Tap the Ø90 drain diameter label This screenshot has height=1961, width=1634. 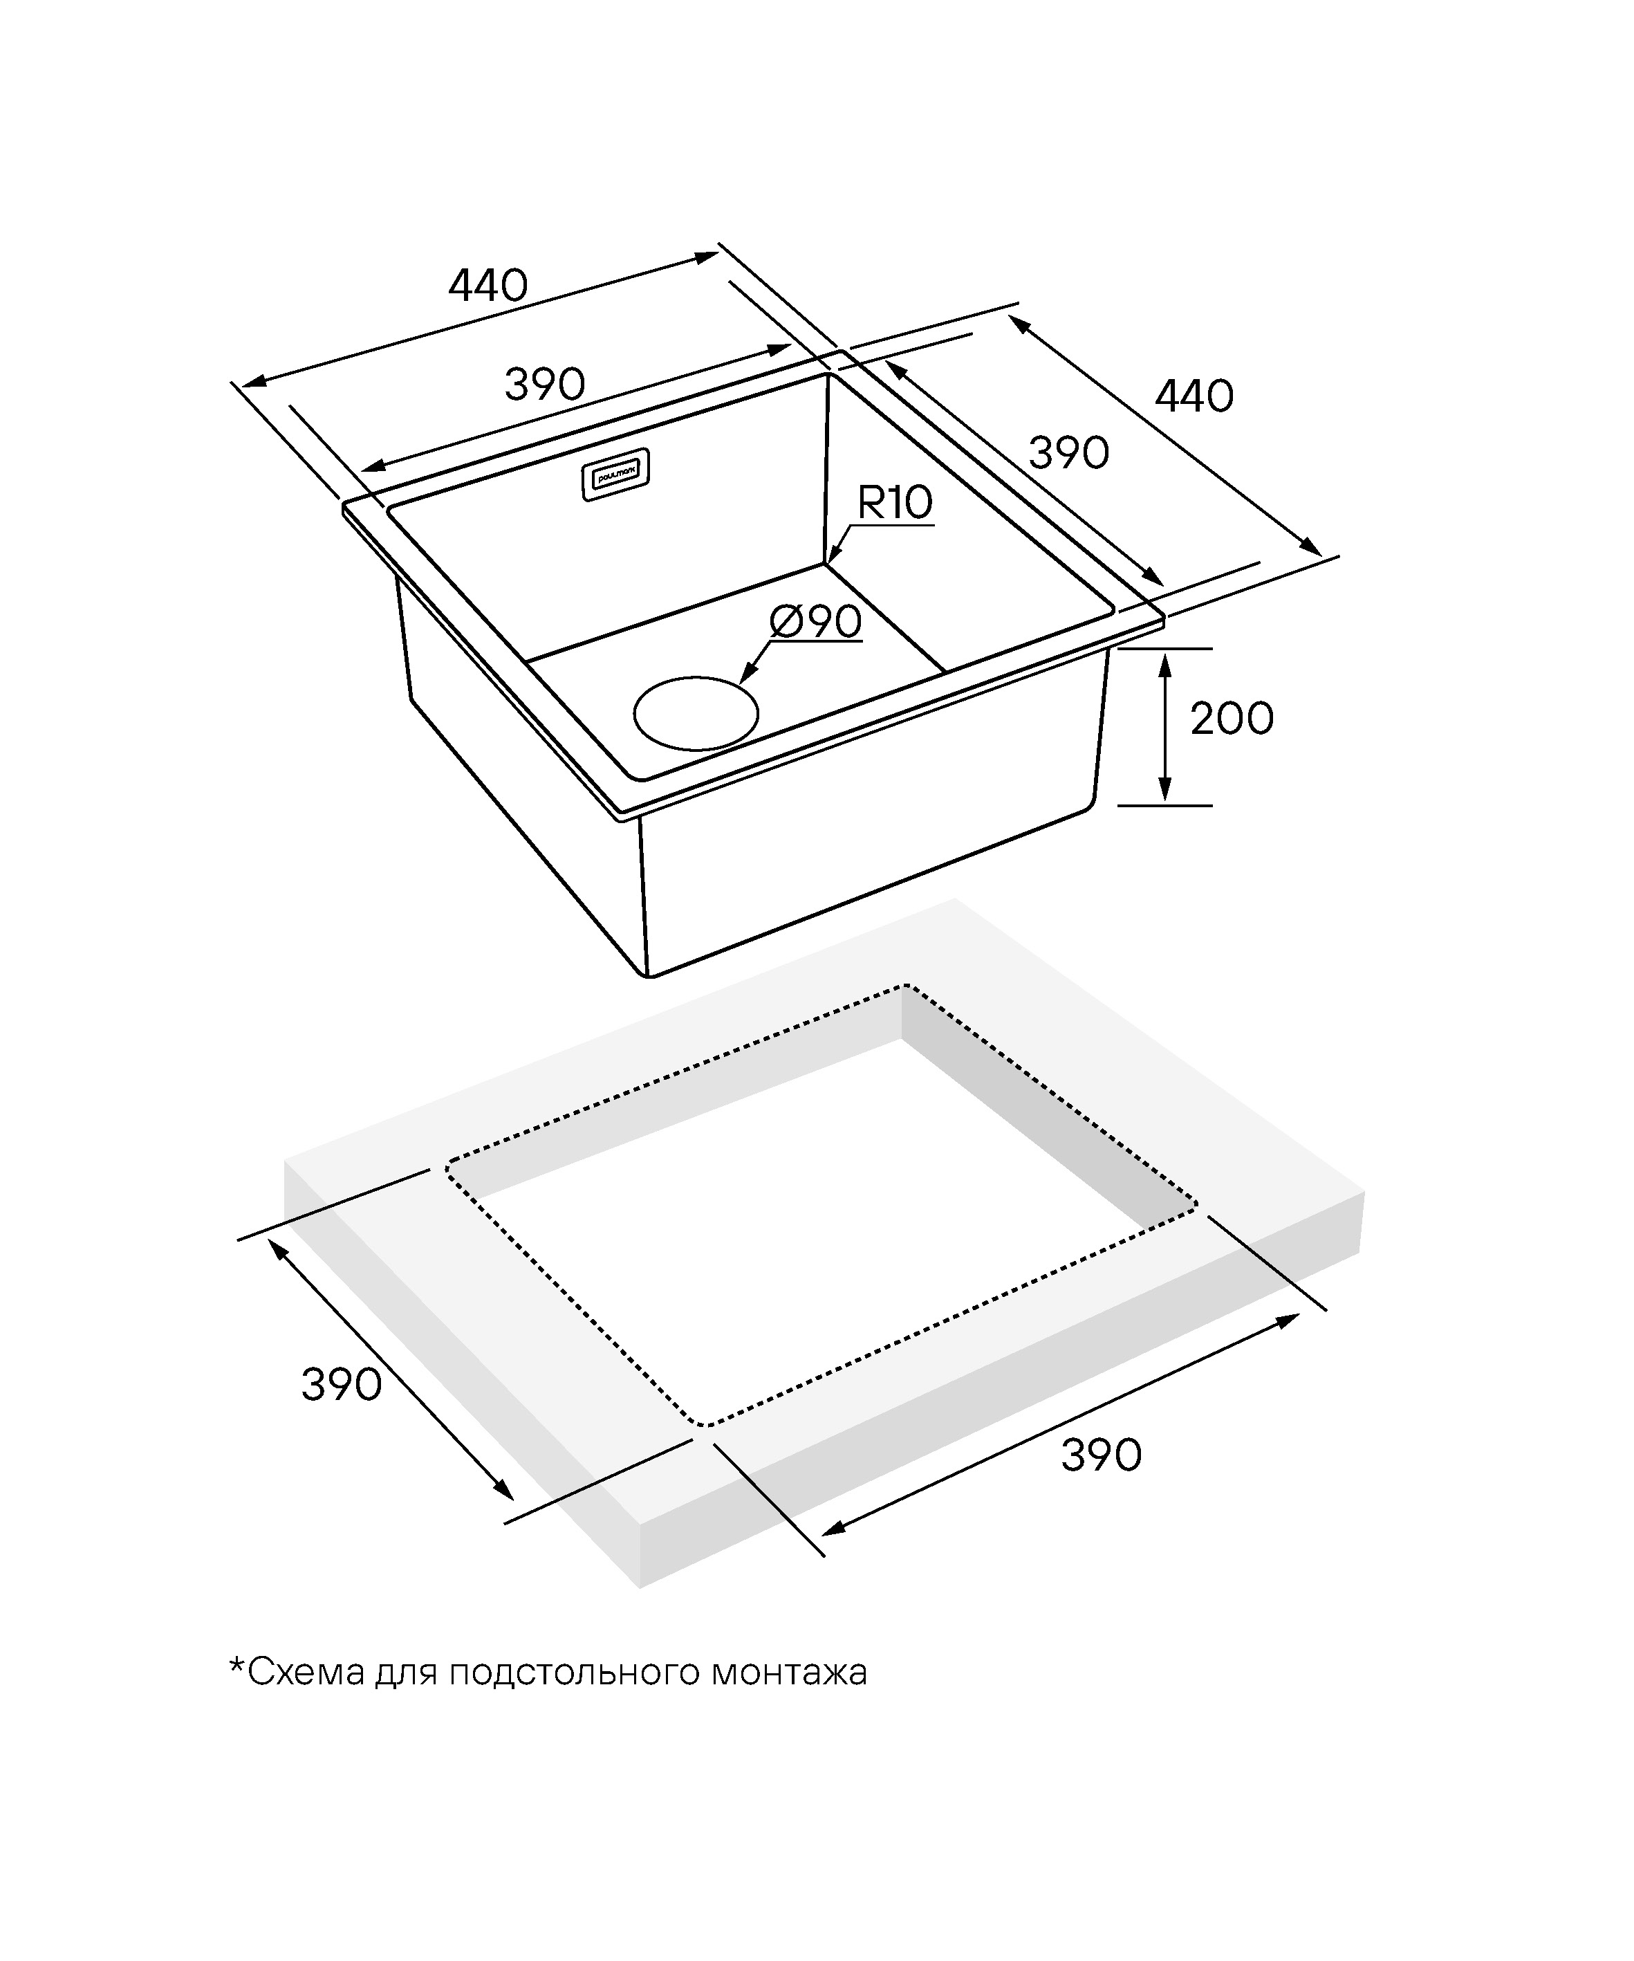815,622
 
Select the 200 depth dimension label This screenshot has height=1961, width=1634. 1232,718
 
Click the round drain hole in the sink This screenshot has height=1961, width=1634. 696,713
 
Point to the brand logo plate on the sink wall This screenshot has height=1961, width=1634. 616,475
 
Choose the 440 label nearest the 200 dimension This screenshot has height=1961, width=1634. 1194,397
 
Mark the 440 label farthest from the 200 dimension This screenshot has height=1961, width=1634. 488,285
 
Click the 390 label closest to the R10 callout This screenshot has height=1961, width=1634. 1069,453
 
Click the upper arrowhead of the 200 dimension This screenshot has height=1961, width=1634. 1165,656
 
